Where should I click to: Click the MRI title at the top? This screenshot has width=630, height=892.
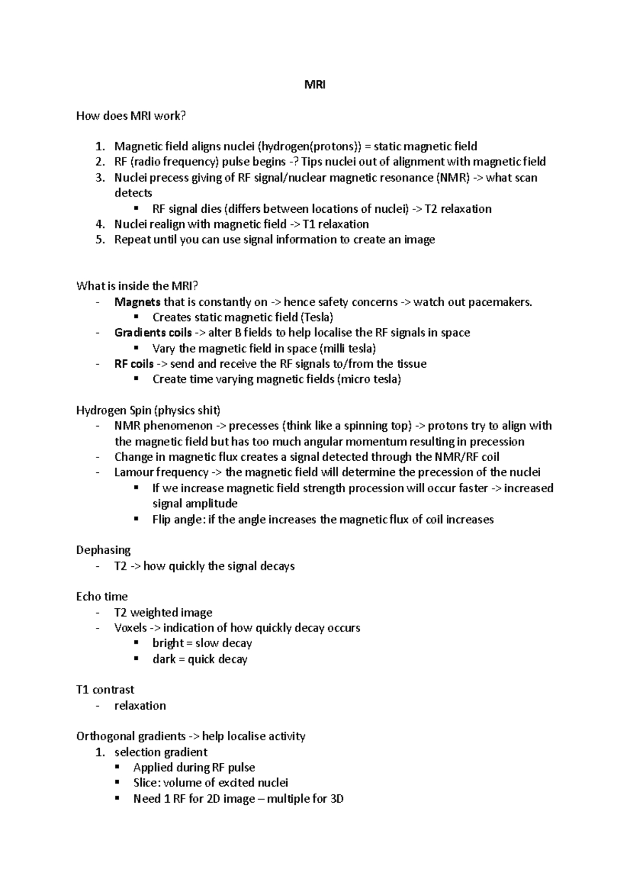point(315,85)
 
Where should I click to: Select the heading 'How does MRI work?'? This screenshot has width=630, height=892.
point(131,116)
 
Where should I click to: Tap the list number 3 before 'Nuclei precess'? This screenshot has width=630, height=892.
point(100,178)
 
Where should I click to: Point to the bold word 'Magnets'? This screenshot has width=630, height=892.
point(138,302)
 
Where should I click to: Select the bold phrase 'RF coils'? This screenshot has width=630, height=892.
point(134,364)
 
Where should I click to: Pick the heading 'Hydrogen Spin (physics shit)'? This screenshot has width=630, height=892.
point(149,410)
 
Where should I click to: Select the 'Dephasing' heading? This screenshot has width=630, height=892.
point(103,550)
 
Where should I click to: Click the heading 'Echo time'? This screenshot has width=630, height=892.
point(102,597)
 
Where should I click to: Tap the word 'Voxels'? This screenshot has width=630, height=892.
point(131,628)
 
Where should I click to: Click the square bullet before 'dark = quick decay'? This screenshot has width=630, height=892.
point(136,658)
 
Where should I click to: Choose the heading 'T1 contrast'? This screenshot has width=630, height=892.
point(105,690)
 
